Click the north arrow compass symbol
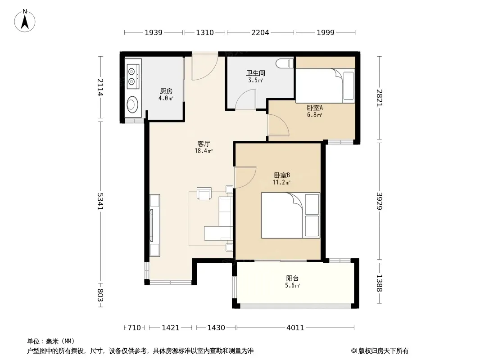25,21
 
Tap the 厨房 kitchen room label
166,91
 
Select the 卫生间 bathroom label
256,73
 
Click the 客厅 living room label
204,144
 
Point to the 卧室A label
315,108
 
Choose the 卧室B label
281,175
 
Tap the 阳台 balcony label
292,279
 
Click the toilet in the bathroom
285,63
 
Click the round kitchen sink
132,104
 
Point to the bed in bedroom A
325,85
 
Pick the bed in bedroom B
290,216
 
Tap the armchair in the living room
204,193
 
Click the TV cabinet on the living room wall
155,225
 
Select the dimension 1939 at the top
154,32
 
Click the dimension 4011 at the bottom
295,328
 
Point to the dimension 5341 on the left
100,201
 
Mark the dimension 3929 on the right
380,201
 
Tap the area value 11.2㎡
281,183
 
